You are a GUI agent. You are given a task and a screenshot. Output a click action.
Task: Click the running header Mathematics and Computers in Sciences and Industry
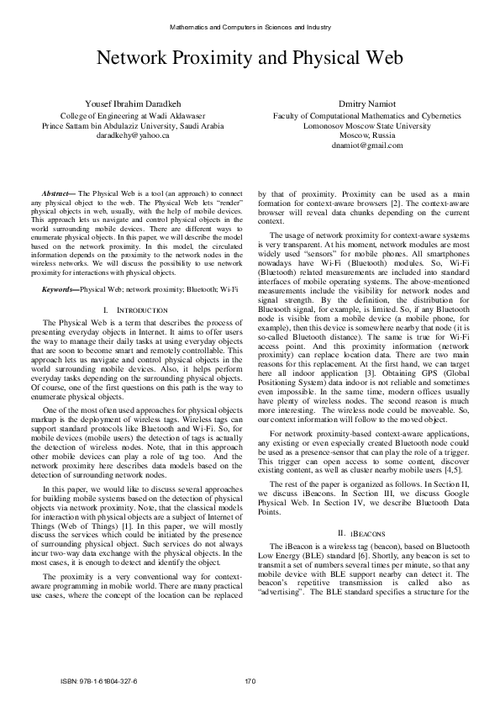(x=250, y=27)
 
